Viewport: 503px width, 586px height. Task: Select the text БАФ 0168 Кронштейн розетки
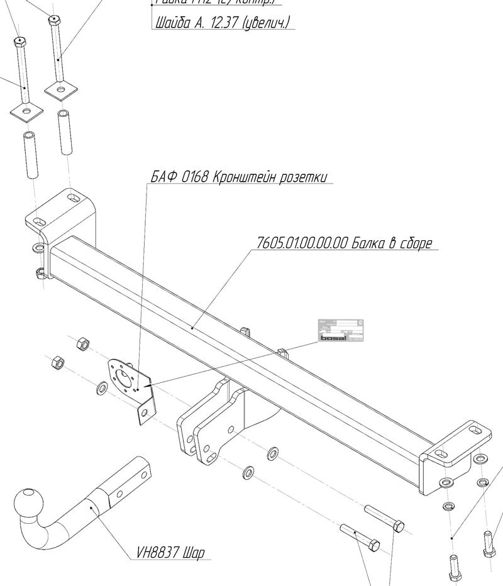pyautogui.click(x=239, y=177)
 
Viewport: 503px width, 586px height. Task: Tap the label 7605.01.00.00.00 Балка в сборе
pyautogui.click(x=345, y=243)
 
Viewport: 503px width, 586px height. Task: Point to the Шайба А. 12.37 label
pyautogui.click(x=221, y=23)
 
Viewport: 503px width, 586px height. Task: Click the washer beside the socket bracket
pyautogui.click(x=102, y=389)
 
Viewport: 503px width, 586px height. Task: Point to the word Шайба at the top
pyautogui.click(x=170, y=23)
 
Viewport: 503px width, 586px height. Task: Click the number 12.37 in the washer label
pyautogui.click(x=226, y=23)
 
